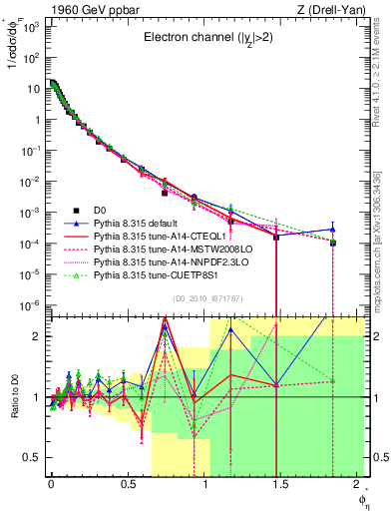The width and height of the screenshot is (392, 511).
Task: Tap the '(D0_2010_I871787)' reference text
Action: [x=205, y=298]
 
